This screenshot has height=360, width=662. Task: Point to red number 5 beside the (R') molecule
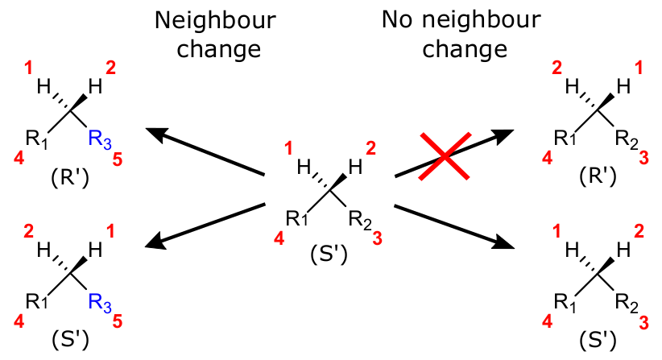click(118, 159)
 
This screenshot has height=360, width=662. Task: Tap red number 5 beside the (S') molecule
click(118, 323)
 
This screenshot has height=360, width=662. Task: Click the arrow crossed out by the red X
click(453, 153)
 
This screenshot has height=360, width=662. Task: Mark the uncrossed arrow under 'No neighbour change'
click(453, 228)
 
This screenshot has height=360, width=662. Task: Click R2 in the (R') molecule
click(631, 139)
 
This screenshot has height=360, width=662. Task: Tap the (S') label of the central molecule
click(328, 255)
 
